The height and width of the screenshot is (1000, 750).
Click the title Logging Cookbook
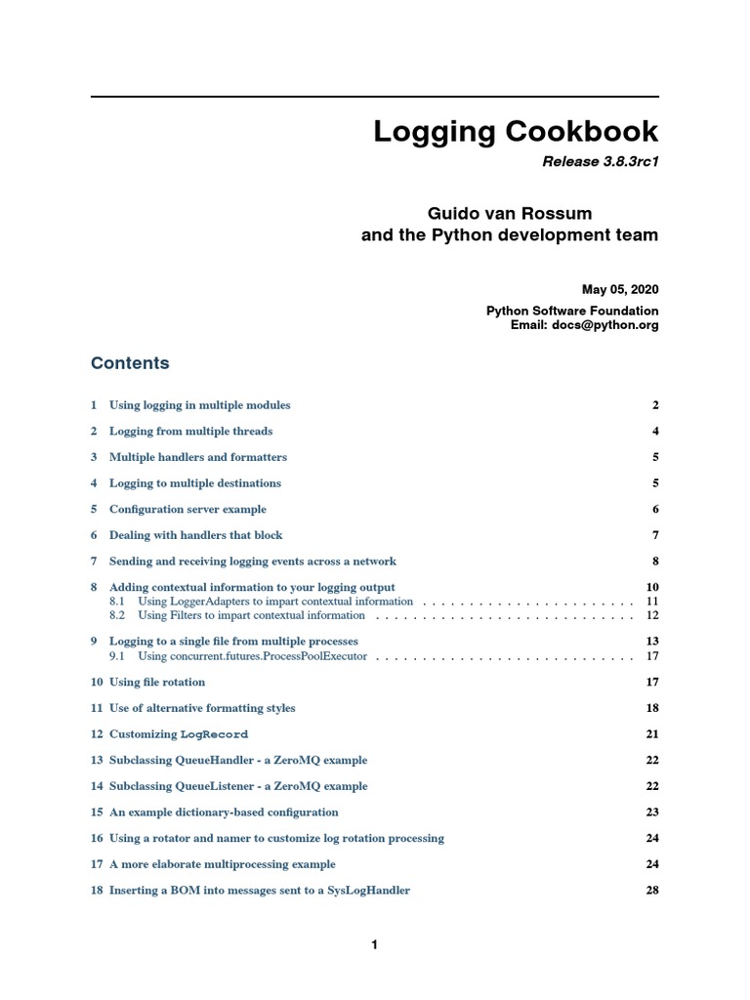pyautogui.click(x=516, y=132)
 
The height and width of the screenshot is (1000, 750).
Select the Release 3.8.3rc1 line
pyautogui.click(x=600, y=162)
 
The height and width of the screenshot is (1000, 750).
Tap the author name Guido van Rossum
pyautogui.click(x=510, y=213)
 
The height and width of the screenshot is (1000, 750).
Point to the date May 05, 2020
pyautogui.click(x=620, y=289)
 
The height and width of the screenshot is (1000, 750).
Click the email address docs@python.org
pyautogui.click(x=612, y=325)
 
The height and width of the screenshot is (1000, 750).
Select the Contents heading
pyautogui.click(x=130, y=363)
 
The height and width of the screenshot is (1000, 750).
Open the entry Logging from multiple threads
pyautogui.click(x=190, y=432)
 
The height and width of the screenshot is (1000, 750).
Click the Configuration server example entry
pyautogui.click(x=187, y=510)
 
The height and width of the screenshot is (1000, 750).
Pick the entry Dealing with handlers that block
pyautogui.click(x=195, y=535)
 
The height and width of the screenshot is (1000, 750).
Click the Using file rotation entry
pyautogui.click(x=157, y=682)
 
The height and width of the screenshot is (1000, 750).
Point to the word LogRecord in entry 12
pyautogui.click(x=214, y=734)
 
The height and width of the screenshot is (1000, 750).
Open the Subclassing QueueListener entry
pyautogui.click(x=238, y=786)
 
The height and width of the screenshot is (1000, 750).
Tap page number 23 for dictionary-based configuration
pyautogui.click(x=652, y=812)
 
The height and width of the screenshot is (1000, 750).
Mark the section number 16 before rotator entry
pyautogui.click(x=97, y=838)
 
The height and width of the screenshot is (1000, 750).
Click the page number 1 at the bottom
pyautogui.click(x=374, y=944)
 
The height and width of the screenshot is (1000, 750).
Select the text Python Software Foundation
pyautogui.click(x=572, y=311)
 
